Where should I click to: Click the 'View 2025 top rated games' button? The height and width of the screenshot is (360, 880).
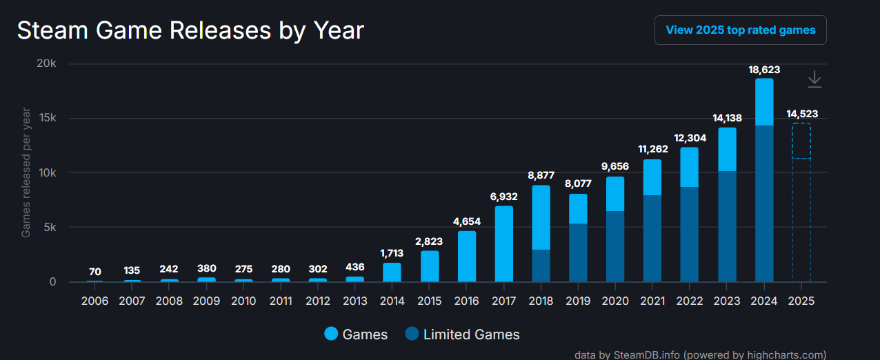[740, 30]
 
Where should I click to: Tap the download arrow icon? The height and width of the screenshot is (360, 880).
[814, 79]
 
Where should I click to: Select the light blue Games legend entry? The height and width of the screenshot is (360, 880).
[356, 334]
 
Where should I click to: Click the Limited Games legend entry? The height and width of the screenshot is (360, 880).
[462, 334]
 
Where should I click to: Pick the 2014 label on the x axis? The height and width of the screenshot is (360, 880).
[392, 301]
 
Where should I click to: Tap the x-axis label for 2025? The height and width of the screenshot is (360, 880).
[801, 301]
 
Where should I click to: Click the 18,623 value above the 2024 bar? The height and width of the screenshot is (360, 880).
[764, 70]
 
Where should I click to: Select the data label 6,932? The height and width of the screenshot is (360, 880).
[503, 197]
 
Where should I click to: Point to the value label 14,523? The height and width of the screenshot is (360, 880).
[801, 114]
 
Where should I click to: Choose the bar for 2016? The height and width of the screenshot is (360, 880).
[467, 256]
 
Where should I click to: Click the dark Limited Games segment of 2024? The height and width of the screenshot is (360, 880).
[764, 203]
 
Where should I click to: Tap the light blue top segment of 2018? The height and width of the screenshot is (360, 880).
[541, 217]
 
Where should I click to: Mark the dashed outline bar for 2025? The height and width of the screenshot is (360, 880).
[801, 207]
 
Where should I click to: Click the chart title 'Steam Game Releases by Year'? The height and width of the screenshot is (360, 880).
[190, 30]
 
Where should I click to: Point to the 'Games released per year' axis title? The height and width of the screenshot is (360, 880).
[26, 172]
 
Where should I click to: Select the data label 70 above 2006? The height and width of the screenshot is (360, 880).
[94, 271]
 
